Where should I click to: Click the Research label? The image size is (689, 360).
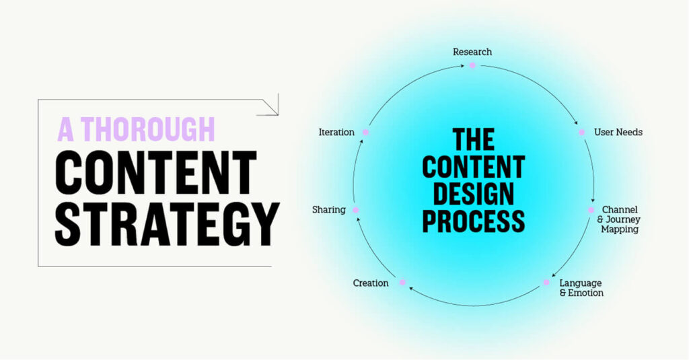point(472,52)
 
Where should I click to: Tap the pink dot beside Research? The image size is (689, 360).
point(472,65)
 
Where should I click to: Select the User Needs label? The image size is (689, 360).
point(618,132)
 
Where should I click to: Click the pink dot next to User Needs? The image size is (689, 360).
point(581,133)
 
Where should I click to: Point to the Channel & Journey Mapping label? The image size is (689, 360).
point(619,219)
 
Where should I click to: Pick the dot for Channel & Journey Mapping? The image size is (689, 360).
point(591,210)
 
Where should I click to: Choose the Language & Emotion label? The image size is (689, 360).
point(581,288)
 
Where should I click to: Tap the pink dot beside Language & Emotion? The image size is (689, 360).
point(546,283)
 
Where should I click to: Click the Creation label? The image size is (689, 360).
point(371,283)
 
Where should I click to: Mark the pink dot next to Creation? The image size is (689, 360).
point(402,283)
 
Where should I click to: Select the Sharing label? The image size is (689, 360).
point(328,210)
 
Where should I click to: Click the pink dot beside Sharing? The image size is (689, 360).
point(356,210)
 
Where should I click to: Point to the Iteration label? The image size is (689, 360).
point(336,133)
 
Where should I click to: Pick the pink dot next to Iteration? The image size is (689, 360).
point(365,133)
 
